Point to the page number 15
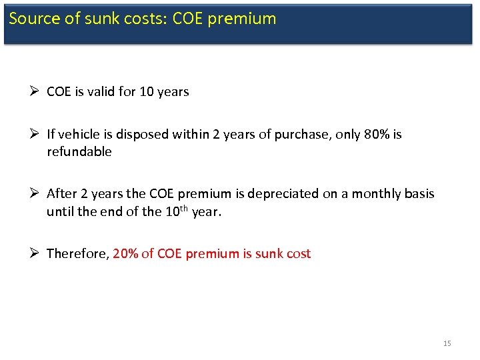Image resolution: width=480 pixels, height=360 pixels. (x=447, y=343)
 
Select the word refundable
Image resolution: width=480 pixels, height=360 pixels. (x=79, y=152)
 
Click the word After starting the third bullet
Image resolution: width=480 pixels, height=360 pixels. (x=61, y=194)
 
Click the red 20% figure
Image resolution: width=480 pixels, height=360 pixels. (x=126, y=254)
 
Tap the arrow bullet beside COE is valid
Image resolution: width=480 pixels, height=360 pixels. (x=35, y=92)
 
